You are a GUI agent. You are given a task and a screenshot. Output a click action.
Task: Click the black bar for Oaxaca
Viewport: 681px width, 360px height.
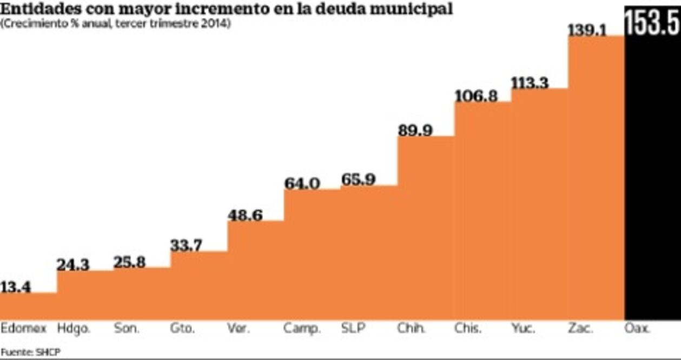point(652,178)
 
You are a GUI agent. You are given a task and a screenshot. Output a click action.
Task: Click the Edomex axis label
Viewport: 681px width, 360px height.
point(24,328)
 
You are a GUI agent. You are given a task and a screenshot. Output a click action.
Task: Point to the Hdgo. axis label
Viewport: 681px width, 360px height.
point(74,328)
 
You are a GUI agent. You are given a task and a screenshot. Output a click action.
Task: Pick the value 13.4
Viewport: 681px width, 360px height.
point(16,286)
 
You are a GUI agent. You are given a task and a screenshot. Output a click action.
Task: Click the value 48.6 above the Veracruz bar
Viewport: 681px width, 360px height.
point(245,215)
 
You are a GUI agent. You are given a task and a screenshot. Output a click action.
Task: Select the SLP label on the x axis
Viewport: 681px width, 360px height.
point(353,328)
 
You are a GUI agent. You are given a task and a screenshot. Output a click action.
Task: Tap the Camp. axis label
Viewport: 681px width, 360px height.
point(302,328)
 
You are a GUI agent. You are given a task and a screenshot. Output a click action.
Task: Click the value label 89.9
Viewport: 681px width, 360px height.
point(415,130)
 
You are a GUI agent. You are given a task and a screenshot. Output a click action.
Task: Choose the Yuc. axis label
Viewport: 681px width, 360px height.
point(523,328)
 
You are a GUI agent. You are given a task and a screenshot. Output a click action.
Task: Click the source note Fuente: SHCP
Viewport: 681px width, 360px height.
point(31,351)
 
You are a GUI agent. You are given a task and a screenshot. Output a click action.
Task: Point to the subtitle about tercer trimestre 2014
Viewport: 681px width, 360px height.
point(116,24)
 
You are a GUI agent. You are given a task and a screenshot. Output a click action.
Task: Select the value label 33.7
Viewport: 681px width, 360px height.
point(186,245)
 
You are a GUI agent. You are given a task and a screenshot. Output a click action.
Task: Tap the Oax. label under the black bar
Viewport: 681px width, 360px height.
point(639,328)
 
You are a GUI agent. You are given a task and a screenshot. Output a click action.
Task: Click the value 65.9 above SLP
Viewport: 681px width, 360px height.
point(358,179)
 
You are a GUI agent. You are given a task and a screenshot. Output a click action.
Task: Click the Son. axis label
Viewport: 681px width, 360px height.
point(127,328)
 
